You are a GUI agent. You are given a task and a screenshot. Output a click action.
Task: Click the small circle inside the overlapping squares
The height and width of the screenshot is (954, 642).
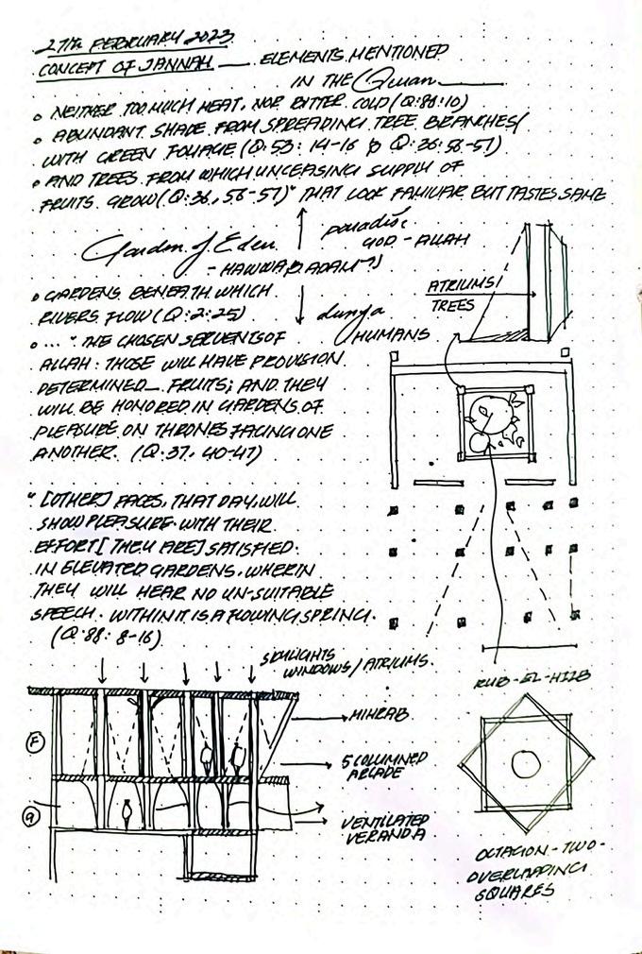coord(524,762)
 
